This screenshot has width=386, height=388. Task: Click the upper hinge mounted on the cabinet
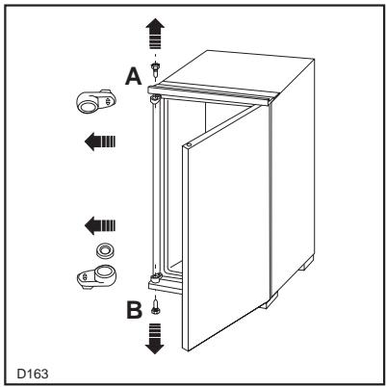(x=154, y=96)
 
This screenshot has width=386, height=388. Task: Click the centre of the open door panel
(x=223, y=221)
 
